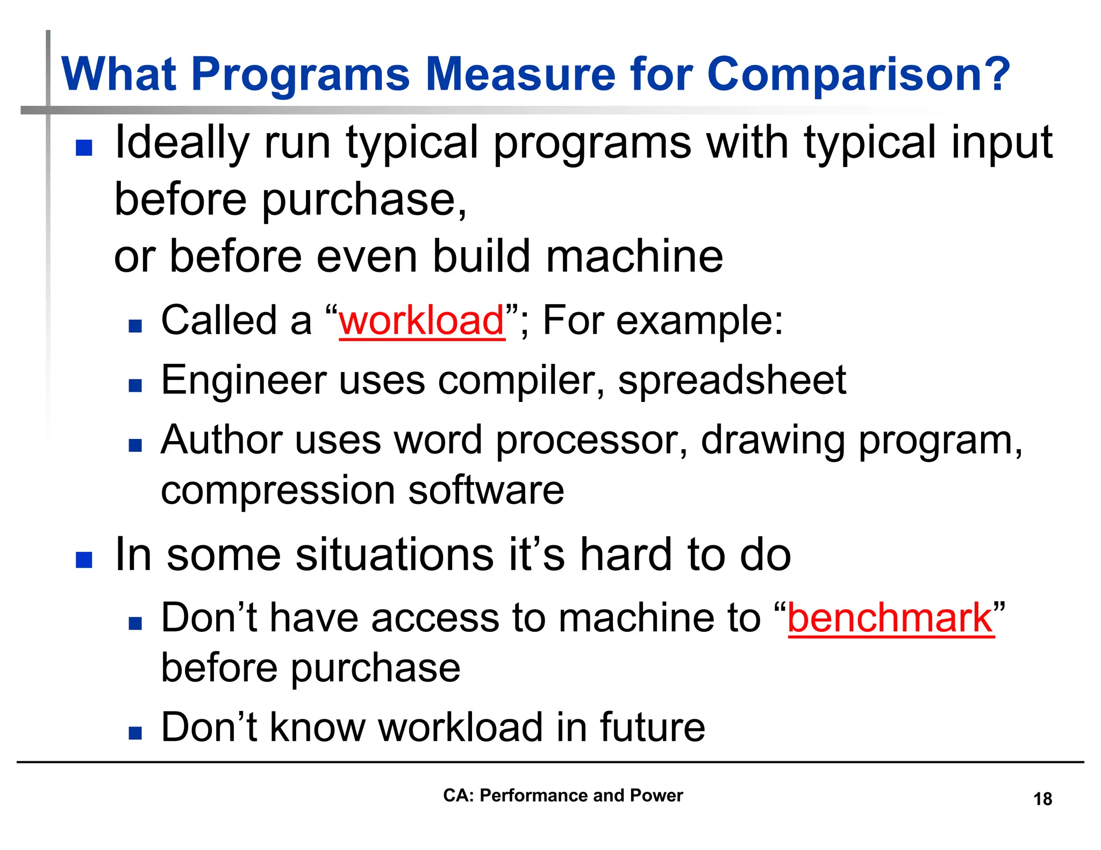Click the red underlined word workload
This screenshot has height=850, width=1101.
pos(421,321)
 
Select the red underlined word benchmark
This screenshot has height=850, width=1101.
pos(890,618)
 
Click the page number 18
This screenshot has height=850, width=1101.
pos(1042,799)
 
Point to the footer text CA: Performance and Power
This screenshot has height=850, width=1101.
pos(562,795)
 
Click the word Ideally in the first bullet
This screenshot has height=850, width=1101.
pos(182,143)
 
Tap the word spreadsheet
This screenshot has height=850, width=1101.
pos(732,380)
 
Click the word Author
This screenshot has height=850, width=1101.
pos(221,440)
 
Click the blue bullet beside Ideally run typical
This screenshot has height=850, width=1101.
pos(84,148)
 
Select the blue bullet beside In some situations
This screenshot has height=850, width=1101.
pos(84,560)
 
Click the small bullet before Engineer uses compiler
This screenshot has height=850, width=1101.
pos(135,385)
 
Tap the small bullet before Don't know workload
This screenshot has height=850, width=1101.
pos(135,733)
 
